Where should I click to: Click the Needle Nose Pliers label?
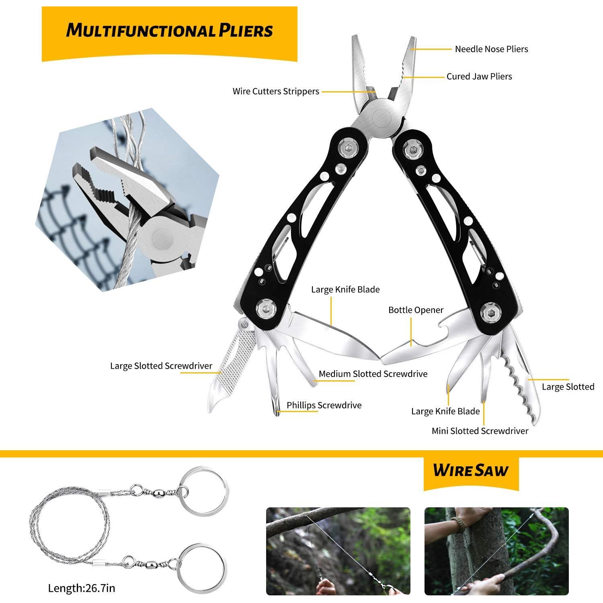491,49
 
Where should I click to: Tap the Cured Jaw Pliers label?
479,76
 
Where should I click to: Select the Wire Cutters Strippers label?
276,91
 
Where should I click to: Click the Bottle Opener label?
416,310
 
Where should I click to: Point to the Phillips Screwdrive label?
324,405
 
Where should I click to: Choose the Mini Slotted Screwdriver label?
480,431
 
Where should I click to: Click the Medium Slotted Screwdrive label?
373,374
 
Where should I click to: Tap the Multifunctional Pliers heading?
169,31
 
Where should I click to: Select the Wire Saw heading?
471,470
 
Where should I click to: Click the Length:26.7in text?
82,588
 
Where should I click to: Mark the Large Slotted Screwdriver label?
161,366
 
